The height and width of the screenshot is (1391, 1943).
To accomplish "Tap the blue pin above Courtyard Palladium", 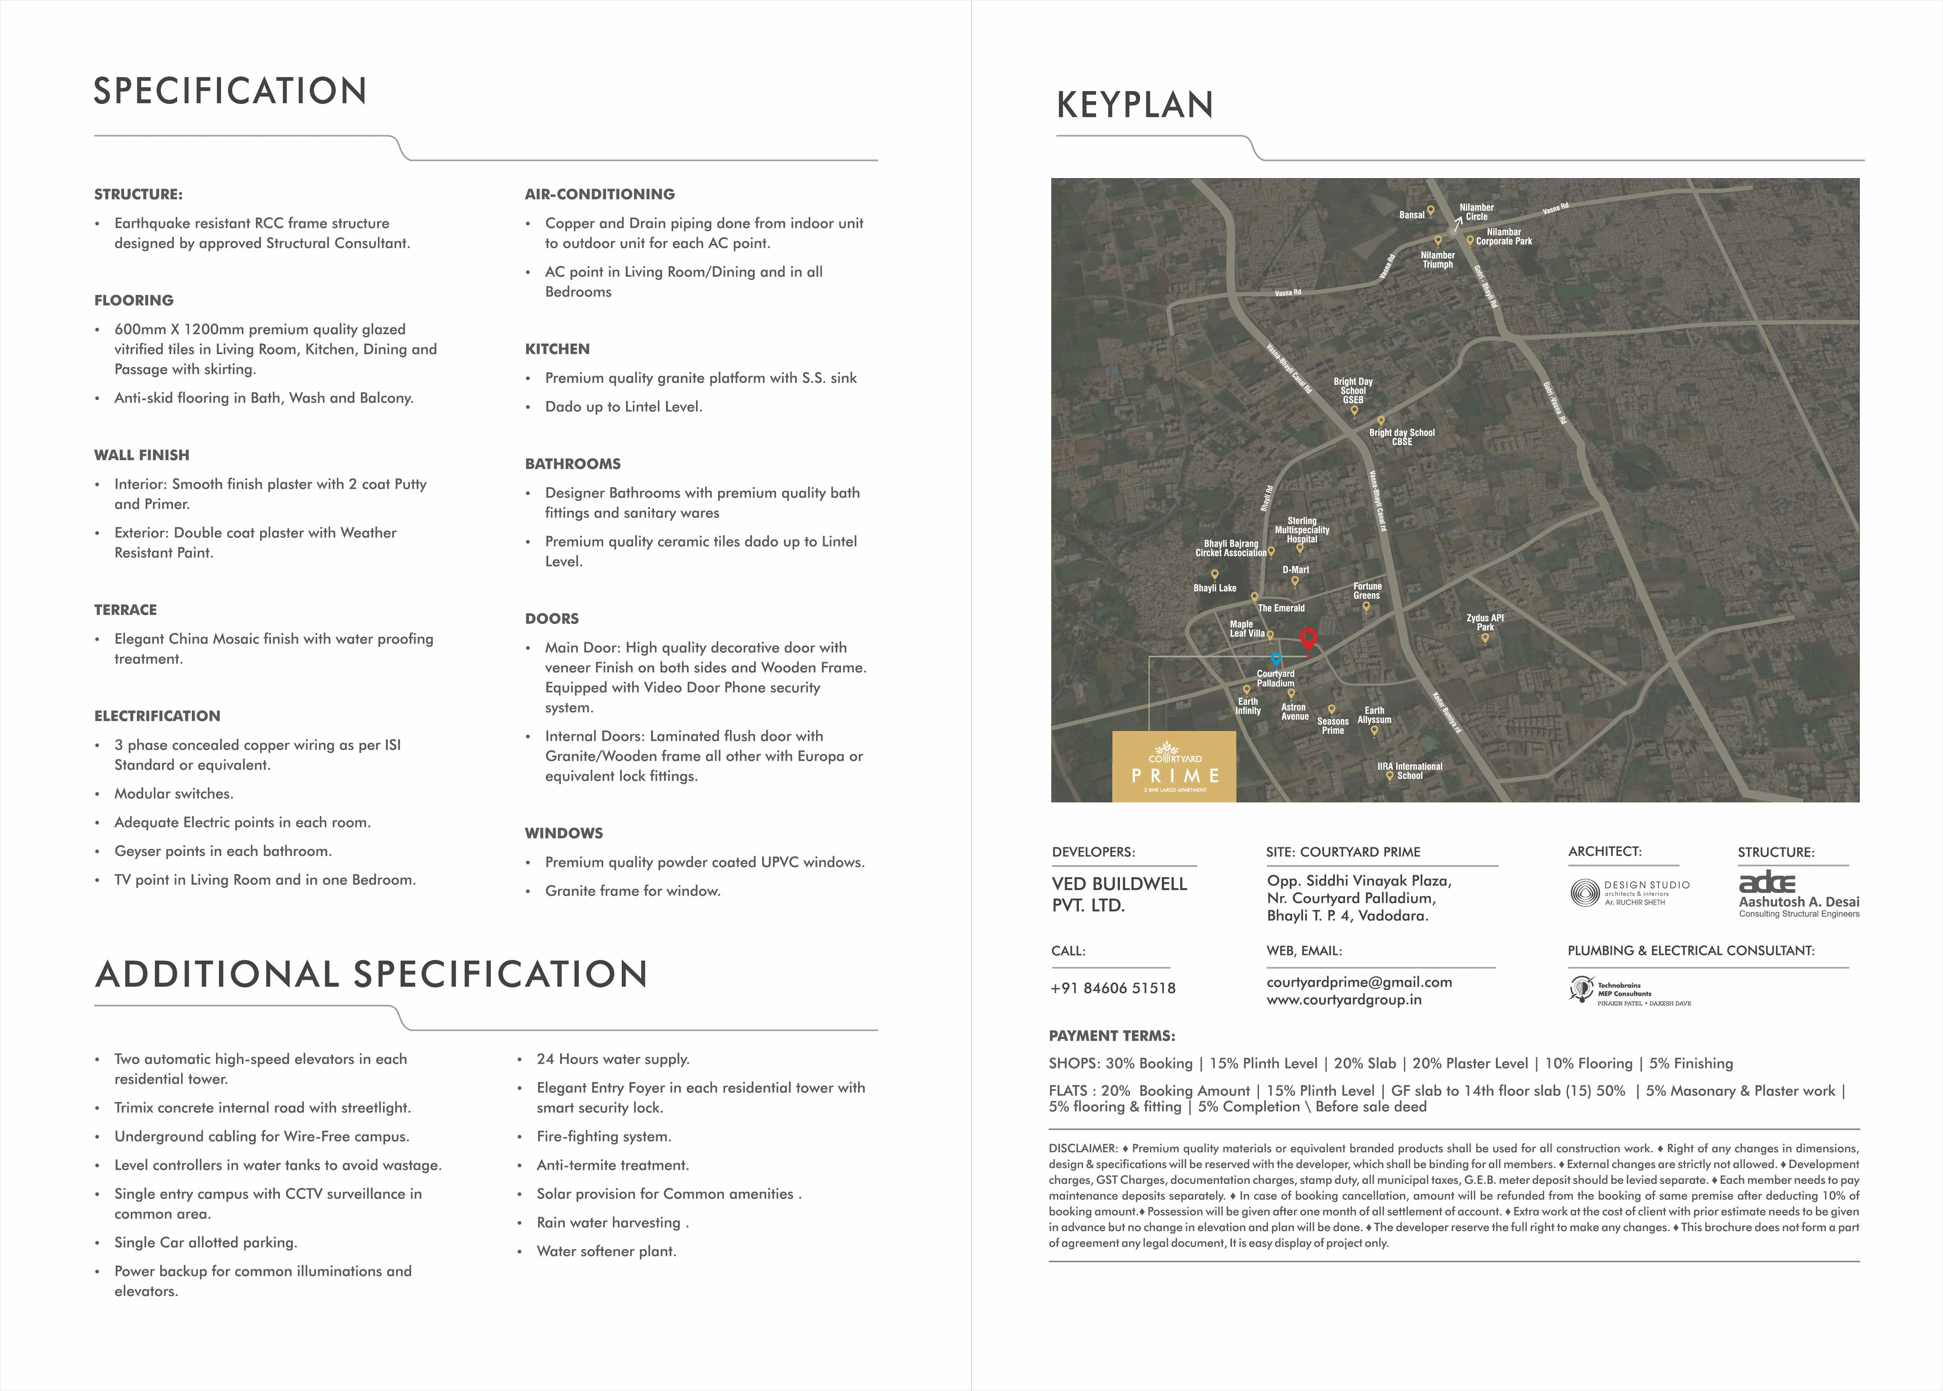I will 1276,659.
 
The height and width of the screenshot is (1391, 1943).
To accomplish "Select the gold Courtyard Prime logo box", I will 1174,767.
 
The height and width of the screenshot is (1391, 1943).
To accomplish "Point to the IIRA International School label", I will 1409,771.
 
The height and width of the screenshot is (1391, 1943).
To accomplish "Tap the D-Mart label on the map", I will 1295,570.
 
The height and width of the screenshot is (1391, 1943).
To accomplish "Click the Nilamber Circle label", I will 1476,212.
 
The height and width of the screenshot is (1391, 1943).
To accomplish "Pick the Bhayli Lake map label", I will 1215,588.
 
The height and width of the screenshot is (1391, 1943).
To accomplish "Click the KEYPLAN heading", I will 1135,105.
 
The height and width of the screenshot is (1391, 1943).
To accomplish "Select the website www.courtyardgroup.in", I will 1343,999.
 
